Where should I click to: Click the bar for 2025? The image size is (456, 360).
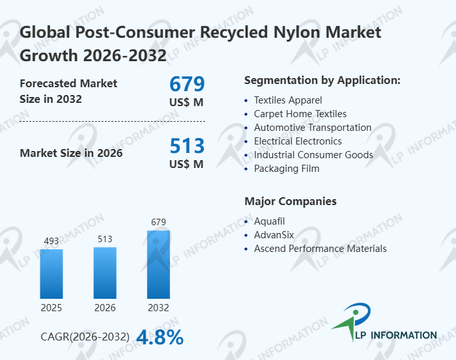coord(51,273)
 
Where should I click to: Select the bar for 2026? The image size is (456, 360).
coord(105,272)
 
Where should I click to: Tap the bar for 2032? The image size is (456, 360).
coord(158,264)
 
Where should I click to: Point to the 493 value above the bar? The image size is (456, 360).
coord(51,242)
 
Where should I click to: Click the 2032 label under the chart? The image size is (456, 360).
coord(158,307)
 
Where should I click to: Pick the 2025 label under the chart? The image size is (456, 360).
coord(51,307)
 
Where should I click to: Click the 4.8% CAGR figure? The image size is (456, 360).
coord(160,337)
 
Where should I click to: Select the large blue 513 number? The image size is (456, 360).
coord(187,146)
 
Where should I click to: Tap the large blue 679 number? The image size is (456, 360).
coord(187,84)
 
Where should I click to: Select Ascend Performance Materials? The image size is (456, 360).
coord(320,249)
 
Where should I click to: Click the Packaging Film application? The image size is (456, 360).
coord(286,169)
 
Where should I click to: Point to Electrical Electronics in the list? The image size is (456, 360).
coord(298,141)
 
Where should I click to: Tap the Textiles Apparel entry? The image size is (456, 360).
coord(288,100)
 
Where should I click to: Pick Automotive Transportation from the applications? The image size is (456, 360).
coord(313,128)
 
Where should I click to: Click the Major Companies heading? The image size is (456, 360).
coord(290,201)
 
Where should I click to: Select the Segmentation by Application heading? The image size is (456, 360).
coord(322,81)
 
